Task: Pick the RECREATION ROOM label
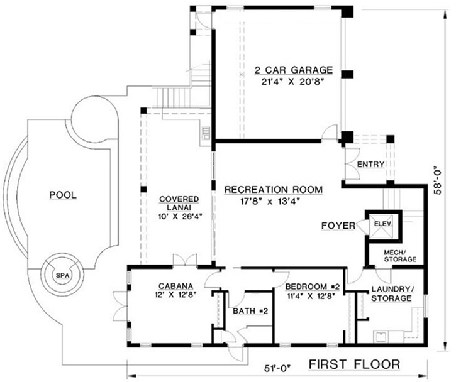coord(273,189)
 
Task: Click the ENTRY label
coord(369,165)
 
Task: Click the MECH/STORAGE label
coord(400,255)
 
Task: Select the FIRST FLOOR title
coord(355,364)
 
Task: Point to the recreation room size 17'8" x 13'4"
coord(273,201)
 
